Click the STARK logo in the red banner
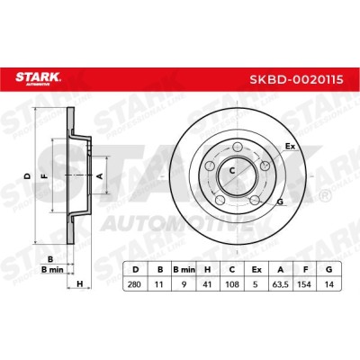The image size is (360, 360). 38,78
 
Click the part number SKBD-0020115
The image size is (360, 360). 297,80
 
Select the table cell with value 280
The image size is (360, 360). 134,284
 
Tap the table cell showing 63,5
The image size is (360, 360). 281,284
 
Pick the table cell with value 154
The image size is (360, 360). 305,284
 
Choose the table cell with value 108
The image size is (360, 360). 232,284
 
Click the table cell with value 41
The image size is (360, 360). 208,284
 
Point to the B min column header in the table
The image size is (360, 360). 184,270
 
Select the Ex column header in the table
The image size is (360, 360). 256,270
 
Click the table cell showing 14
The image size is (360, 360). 329,284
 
